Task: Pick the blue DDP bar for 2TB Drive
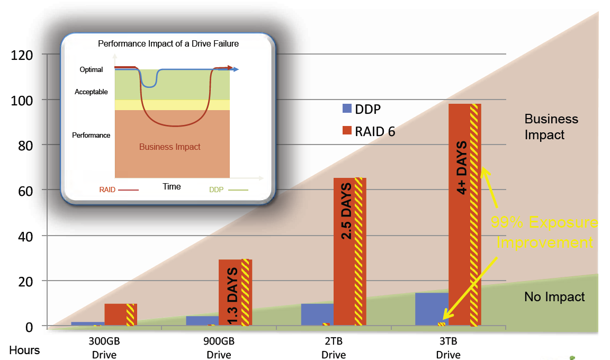pos(317,314)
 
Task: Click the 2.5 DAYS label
pos(346,211)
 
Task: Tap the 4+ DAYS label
pos(461,167)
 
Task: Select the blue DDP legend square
pos(347,109)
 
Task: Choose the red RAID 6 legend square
pos(347,131)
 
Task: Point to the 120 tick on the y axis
pos(22,55)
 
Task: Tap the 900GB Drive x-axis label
pos(219,348)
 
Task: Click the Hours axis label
pos(24,350)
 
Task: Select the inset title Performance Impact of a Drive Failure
pos(168,44)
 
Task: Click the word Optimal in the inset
pos(91,69)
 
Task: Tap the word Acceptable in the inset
pos(91,92)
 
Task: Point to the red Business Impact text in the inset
pos(170,147)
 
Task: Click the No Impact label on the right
pos(554,297)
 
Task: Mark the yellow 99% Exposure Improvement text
pos(544,232)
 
